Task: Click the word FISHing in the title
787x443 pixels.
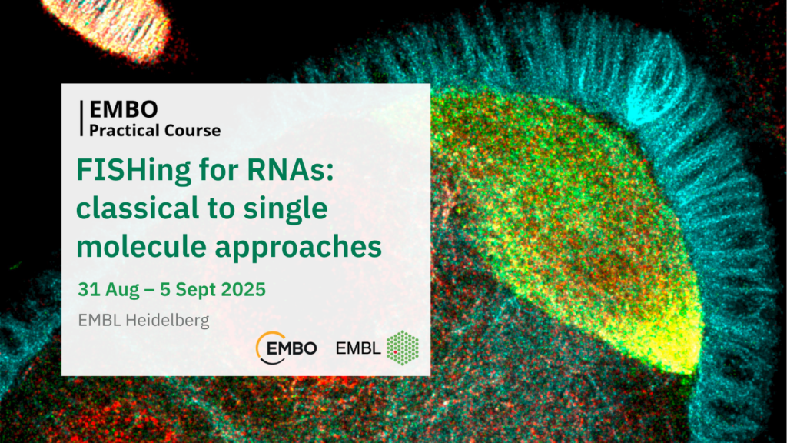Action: point(134,171)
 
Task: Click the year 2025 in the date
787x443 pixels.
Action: point(244,289)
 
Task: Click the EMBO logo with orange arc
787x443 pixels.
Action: point(286,348)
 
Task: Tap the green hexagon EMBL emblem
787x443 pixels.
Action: point(403,348)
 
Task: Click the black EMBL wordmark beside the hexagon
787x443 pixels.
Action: point(358,348)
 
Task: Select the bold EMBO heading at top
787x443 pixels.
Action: point(124,109)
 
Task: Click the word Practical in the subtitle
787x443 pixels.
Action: point(121,131)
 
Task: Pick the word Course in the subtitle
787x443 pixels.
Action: point(188,131)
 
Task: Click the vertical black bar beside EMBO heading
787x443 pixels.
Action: point(81,118)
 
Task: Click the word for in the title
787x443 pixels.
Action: point(219,170)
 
